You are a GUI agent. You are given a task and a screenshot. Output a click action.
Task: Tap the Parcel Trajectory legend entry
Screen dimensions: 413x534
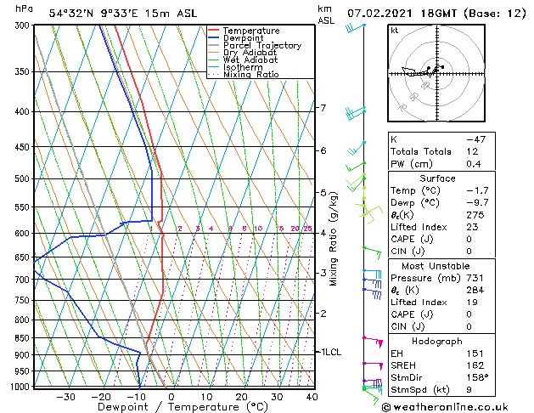click(261, 46)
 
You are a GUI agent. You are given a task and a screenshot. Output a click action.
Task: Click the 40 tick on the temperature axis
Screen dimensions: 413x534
click(312, 397)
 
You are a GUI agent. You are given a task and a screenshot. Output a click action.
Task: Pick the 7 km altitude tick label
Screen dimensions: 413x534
click(323, 108)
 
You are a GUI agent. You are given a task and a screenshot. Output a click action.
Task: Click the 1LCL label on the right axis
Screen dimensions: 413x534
click(329, 351)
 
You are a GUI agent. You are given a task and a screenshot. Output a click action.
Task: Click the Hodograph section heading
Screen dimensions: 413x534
click(440, 341)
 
